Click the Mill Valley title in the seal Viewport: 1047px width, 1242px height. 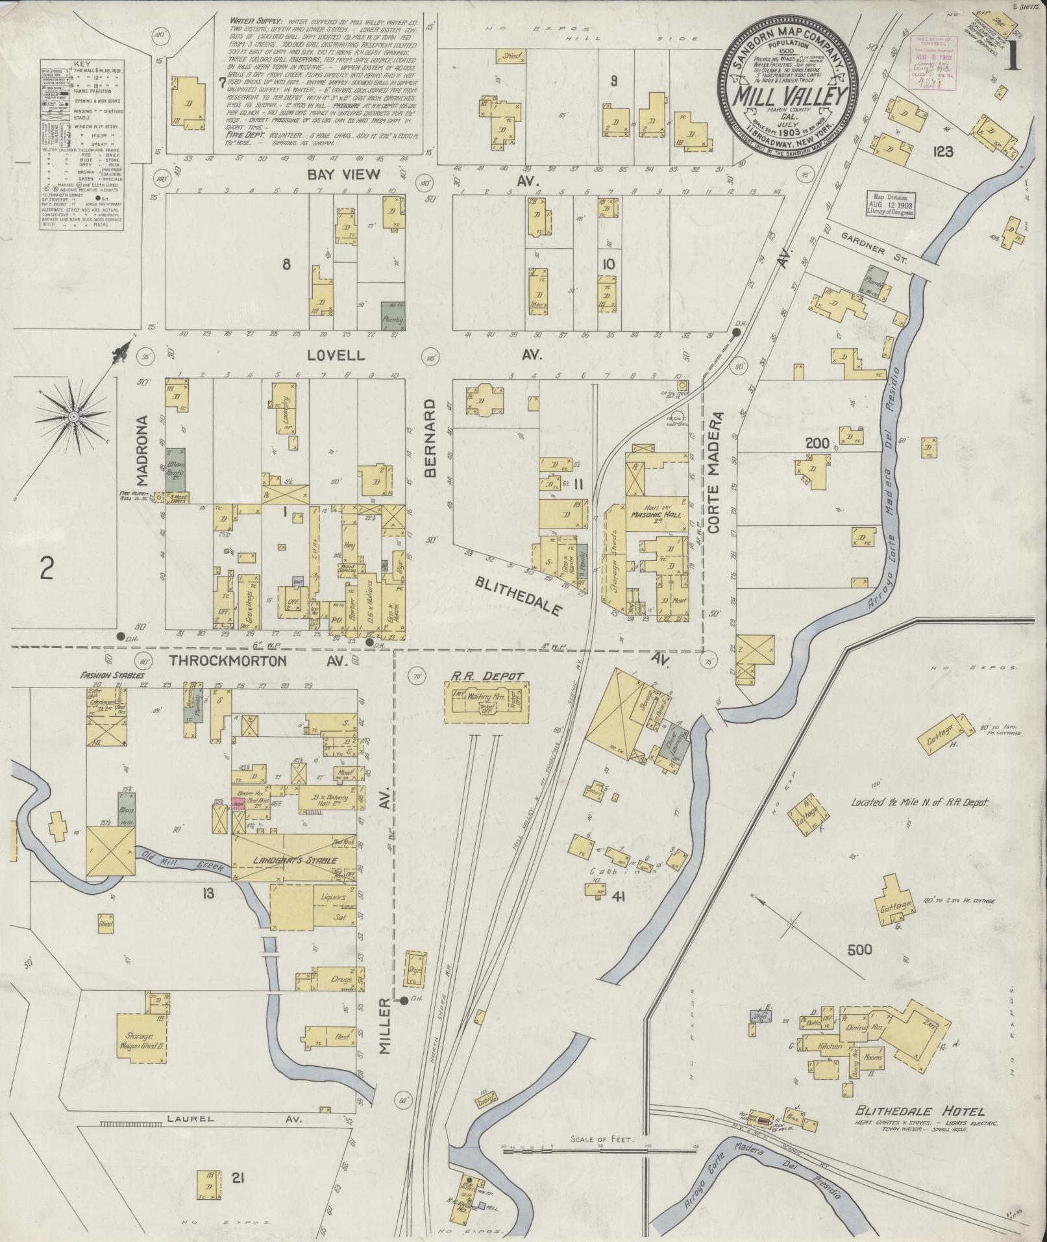click(x=790, y=96)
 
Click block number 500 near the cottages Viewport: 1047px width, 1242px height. click(x=861, y=950)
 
